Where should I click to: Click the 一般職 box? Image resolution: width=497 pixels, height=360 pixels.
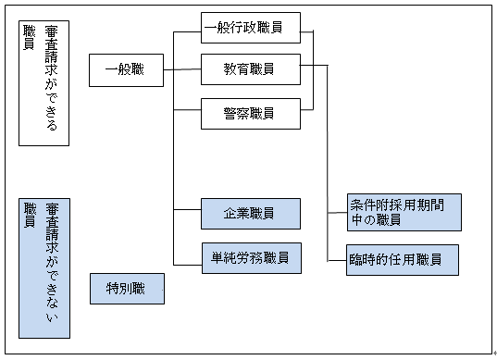(x=127, y=69)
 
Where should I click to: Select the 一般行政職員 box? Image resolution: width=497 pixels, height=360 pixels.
(x=250, y=27)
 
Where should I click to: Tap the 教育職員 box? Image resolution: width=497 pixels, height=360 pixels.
(x=250, y=69)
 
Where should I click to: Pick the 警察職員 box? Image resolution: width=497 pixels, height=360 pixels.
(x=250, y=113)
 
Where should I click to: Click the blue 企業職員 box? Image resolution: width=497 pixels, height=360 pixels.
(x=250, y=213)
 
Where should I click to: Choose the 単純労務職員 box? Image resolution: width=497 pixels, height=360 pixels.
(x=250, y=256)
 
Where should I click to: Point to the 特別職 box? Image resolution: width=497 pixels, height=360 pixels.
(x=127, y=288)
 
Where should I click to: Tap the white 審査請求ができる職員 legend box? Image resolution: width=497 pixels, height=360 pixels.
(x=44, y=82)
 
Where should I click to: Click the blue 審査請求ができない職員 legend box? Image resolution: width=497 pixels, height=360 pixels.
(x=44, y=267)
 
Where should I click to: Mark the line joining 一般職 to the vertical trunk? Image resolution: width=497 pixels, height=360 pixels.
(x=169, y=69)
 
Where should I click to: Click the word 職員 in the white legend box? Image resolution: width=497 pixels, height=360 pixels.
(x=30, y=38)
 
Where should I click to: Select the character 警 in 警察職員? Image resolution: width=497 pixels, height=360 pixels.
(x=230, y=113)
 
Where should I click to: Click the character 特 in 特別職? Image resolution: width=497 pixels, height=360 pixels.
(x=111, y=288)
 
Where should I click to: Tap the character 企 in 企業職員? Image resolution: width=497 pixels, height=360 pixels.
(x=230, y=213)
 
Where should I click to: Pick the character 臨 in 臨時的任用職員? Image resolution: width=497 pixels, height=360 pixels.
(x=356, y=259)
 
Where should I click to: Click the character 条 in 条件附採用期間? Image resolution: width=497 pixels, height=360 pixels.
(x=357, y=205)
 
